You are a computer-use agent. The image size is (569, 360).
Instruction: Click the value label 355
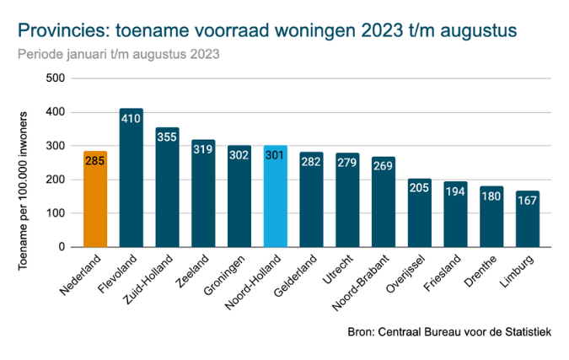pos(167,137)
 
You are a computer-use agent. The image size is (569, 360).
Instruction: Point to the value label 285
pos(94,159)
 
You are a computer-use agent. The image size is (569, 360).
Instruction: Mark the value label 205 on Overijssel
pos(419,187)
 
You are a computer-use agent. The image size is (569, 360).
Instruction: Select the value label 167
pos(528,200)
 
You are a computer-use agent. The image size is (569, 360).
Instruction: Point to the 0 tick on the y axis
pos(62,247)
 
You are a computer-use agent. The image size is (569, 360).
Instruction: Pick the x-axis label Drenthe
pos(486,267)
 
